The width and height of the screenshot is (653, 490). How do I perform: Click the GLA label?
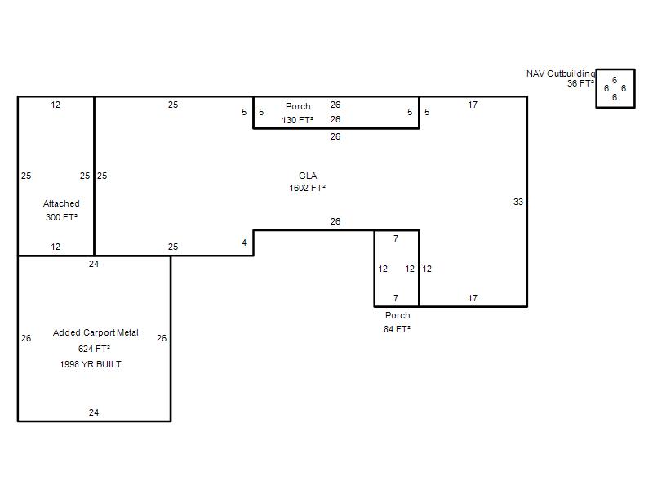coord(308,176)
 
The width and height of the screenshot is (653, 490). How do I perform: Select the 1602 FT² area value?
coord(308,188)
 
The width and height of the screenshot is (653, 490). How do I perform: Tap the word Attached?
coord(61,203)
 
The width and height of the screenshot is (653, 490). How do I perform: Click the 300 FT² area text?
coord(62,217)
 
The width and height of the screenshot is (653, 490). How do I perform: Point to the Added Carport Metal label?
coord(96,332)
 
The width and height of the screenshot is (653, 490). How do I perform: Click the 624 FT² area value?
coord(94,349)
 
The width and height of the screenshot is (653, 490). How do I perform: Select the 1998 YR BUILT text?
coord(91,364)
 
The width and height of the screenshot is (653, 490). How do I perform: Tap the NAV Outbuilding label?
coord(561,73)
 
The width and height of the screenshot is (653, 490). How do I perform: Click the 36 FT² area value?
coord(580,83)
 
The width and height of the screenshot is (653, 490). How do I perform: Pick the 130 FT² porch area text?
coord(297,120)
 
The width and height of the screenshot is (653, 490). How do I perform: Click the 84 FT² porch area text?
coord(397,329)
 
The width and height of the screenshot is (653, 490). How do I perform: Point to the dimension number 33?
coord(518,202)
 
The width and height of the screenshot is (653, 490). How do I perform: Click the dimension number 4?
coord(244,243)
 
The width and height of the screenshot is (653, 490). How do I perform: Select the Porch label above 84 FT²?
coord(398,315)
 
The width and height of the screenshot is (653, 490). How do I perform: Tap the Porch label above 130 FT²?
coord(298,106)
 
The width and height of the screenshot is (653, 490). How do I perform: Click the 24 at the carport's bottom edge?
coord(94,412)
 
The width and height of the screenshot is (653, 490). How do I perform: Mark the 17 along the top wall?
coord(473,105)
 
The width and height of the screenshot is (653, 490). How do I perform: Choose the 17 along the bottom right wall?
coord(473,298)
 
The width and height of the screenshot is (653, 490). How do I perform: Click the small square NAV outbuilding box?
coord(615,69)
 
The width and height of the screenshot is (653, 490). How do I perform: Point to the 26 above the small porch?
coord(335,221)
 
